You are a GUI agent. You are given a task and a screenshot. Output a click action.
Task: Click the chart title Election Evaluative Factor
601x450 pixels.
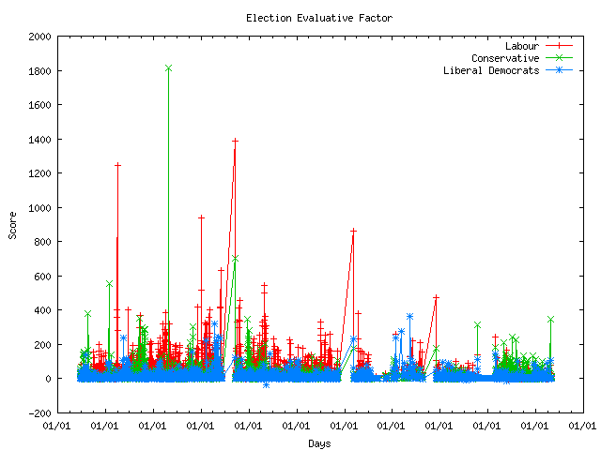pos(319,18)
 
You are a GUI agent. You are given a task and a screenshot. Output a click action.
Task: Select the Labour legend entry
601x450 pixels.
pos(523,46)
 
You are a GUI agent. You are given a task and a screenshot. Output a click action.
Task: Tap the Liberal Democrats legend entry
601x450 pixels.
pos(491,70)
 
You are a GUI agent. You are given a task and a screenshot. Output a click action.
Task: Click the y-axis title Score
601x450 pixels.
pos(13,224)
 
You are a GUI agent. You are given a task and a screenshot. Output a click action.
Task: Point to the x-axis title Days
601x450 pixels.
pos(319,442)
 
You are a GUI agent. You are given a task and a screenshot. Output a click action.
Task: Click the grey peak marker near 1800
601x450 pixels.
pos(168,67)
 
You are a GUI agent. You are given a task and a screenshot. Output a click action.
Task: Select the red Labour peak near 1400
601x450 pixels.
pos(235,142)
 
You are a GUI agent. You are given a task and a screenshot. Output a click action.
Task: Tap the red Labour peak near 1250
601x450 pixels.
pos(117,166)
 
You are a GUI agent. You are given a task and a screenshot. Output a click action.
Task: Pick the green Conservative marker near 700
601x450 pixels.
pos(235,258)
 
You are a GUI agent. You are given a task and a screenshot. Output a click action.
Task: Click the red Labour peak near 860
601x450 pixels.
pos(353,231)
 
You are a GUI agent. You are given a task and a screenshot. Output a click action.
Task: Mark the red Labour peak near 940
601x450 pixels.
pos(201,217)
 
